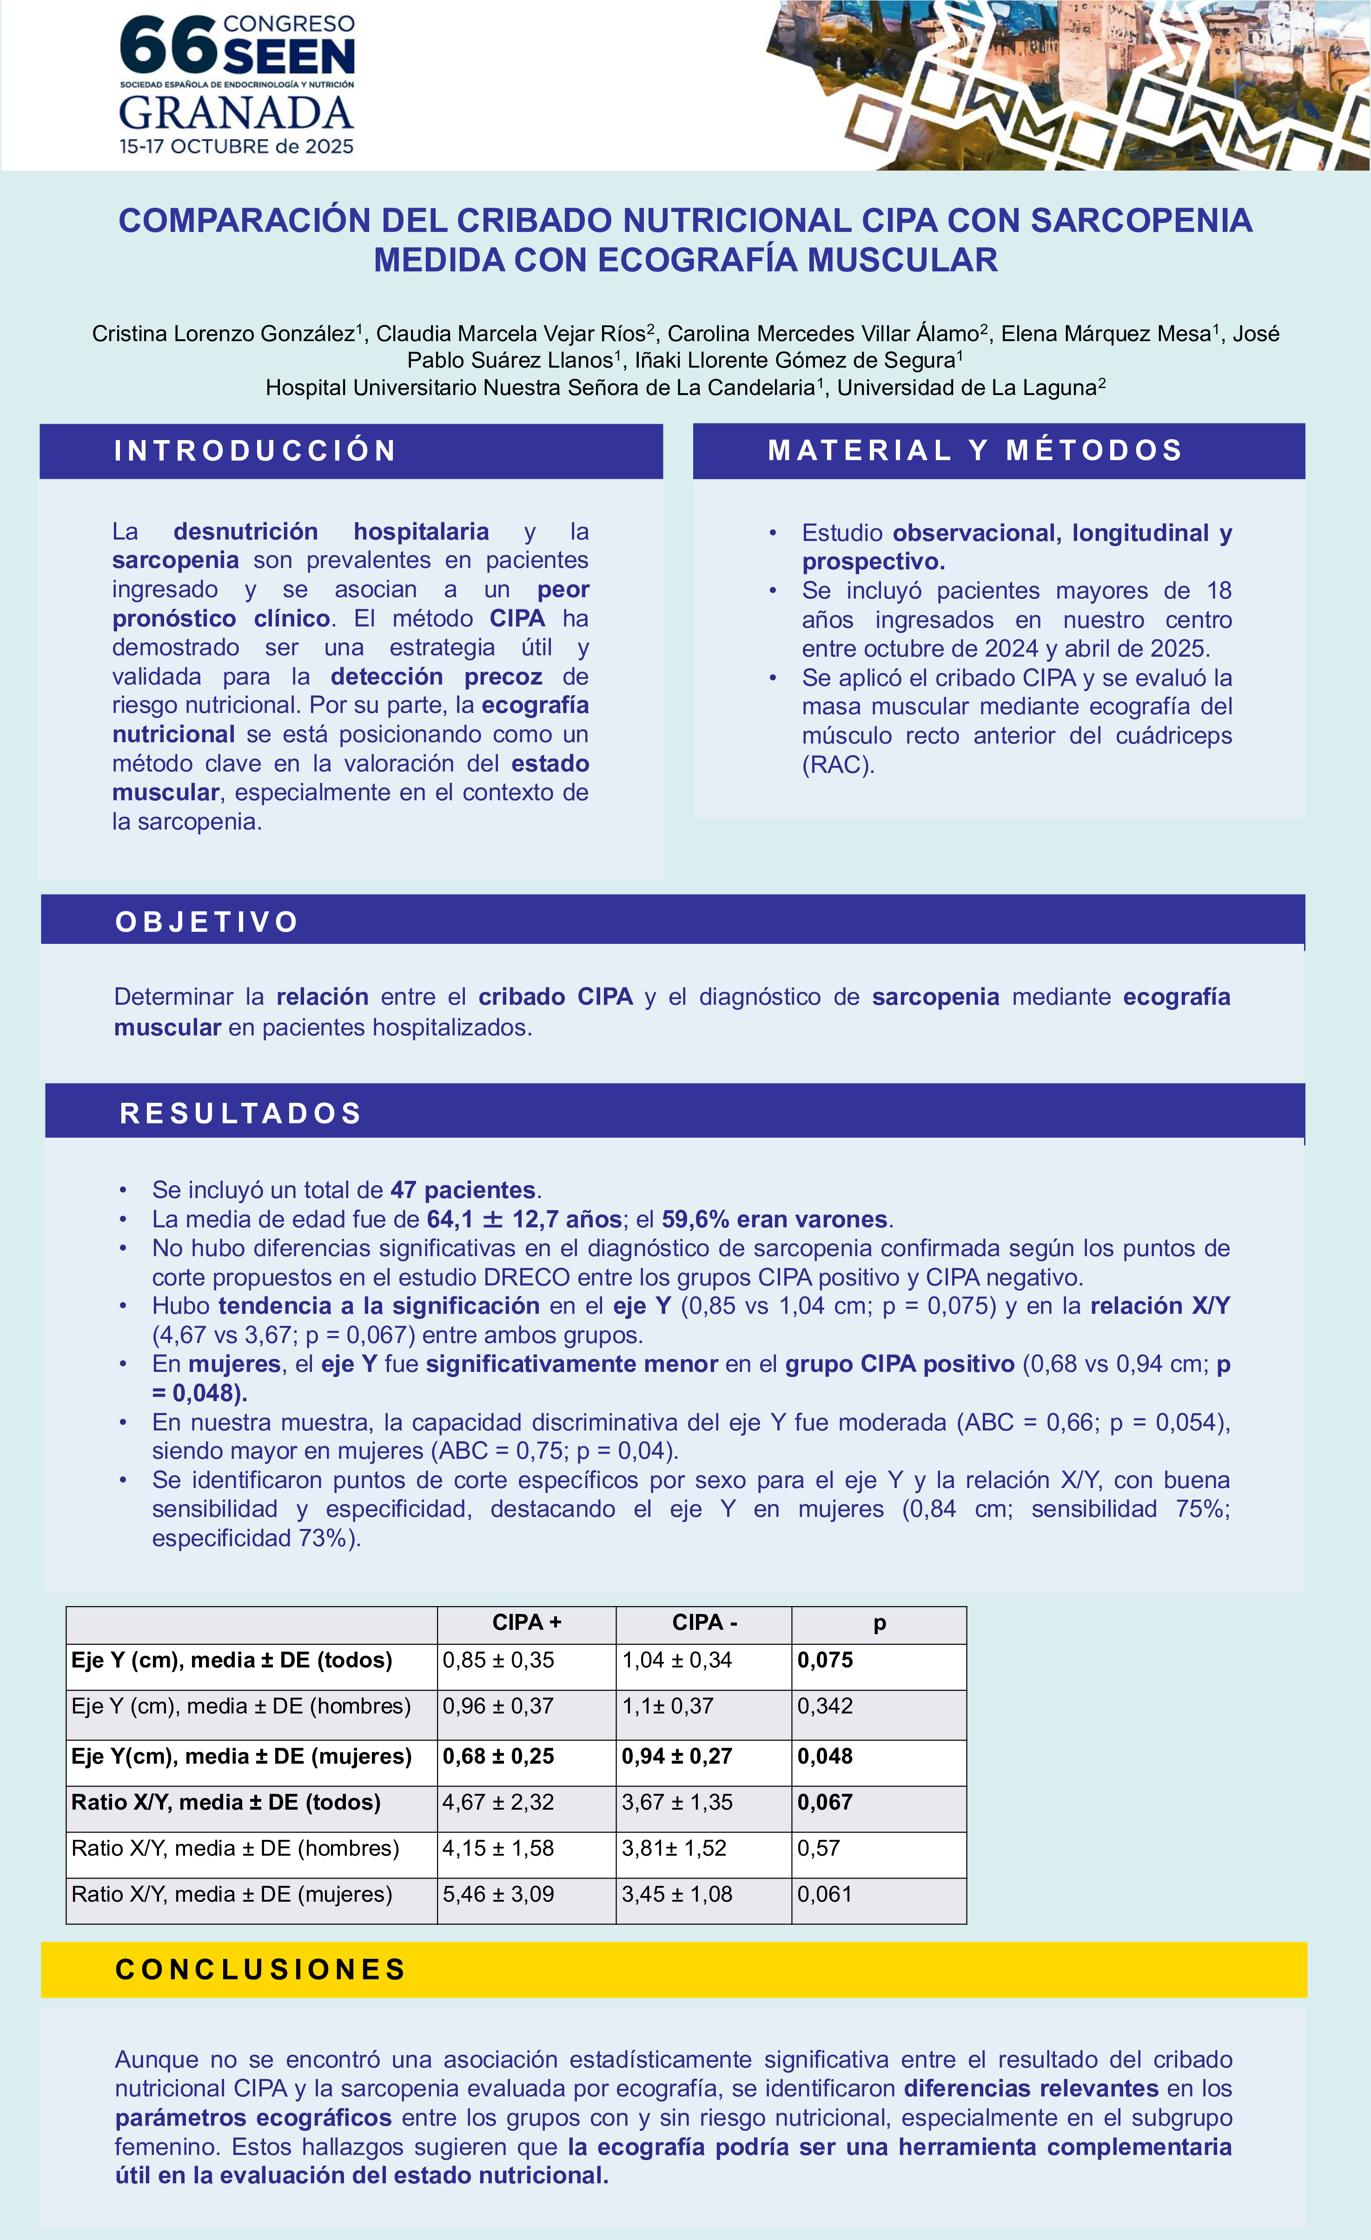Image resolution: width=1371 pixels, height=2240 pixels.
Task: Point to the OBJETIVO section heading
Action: click(x=207, y=922)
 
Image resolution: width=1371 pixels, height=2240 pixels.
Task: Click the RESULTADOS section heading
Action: click(x=241, y=1113)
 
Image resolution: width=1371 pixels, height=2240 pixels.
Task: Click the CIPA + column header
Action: click(x=526, y=1623)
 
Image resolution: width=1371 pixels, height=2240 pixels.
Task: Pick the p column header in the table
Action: click(x=879, y=1623)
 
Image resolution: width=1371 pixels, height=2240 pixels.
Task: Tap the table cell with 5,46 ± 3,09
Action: click(x=498, y=1895)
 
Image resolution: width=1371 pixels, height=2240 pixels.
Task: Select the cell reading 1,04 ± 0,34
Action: click(x=677, y=1660)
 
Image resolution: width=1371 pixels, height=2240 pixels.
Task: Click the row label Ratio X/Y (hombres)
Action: click(x=235, y=1848)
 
